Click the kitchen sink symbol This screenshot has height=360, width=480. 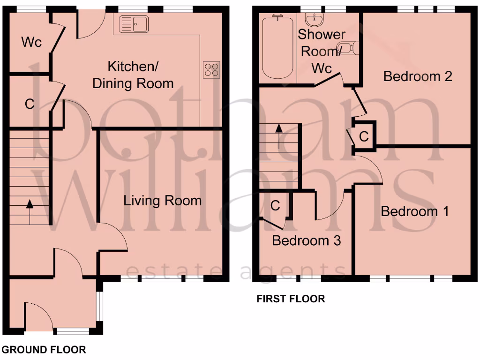click(x=134, y=24)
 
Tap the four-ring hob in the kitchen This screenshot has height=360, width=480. click(x=211, y=69)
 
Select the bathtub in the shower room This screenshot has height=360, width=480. click(x=278, y=47)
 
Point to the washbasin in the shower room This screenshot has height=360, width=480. click(x=312, y=19)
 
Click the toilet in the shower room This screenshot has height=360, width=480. click(x=349, y=48)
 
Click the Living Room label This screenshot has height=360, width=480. click(x=162, y=201)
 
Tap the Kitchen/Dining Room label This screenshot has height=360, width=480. click(x=133, y=75)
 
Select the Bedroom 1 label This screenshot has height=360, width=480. click(x=414, y=211)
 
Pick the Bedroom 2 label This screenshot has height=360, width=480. click(x=417, y=76)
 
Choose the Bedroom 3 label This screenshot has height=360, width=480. click(x=306, y=240)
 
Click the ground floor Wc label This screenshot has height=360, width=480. click(x=31, y=42)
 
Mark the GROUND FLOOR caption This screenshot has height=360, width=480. click(x=44, y=349)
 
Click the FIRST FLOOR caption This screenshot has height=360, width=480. click(x=291, y=299)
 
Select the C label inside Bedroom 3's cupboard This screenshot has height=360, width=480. click(x=276, y=205)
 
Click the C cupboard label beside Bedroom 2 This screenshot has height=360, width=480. click(x=364, y=136)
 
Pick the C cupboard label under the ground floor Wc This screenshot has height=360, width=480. click(x=30, y=104)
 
